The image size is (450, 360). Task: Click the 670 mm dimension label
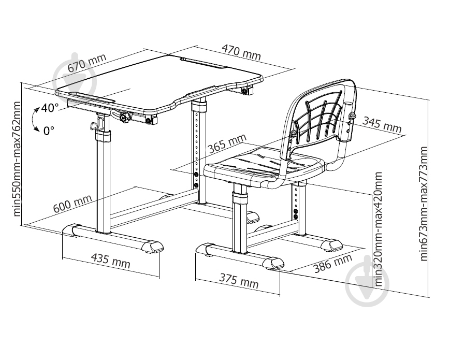click(86, 63)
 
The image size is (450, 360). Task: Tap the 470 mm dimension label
click(241, 52)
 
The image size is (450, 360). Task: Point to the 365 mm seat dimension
click(227, 143)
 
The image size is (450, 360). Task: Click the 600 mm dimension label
click(72, 203)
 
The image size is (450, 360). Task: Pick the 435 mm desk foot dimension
click(110, 261)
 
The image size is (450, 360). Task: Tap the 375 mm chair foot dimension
click(239, 280)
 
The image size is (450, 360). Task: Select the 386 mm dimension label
click(332, 263)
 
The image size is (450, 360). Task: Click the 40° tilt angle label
click(49, 108)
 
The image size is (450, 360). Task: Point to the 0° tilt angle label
click(49, 131)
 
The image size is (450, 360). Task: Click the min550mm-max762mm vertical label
click(17, 159)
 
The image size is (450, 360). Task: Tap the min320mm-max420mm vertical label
click(379, 229)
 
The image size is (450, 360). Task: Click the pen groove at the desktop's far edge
click(203, 63)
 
